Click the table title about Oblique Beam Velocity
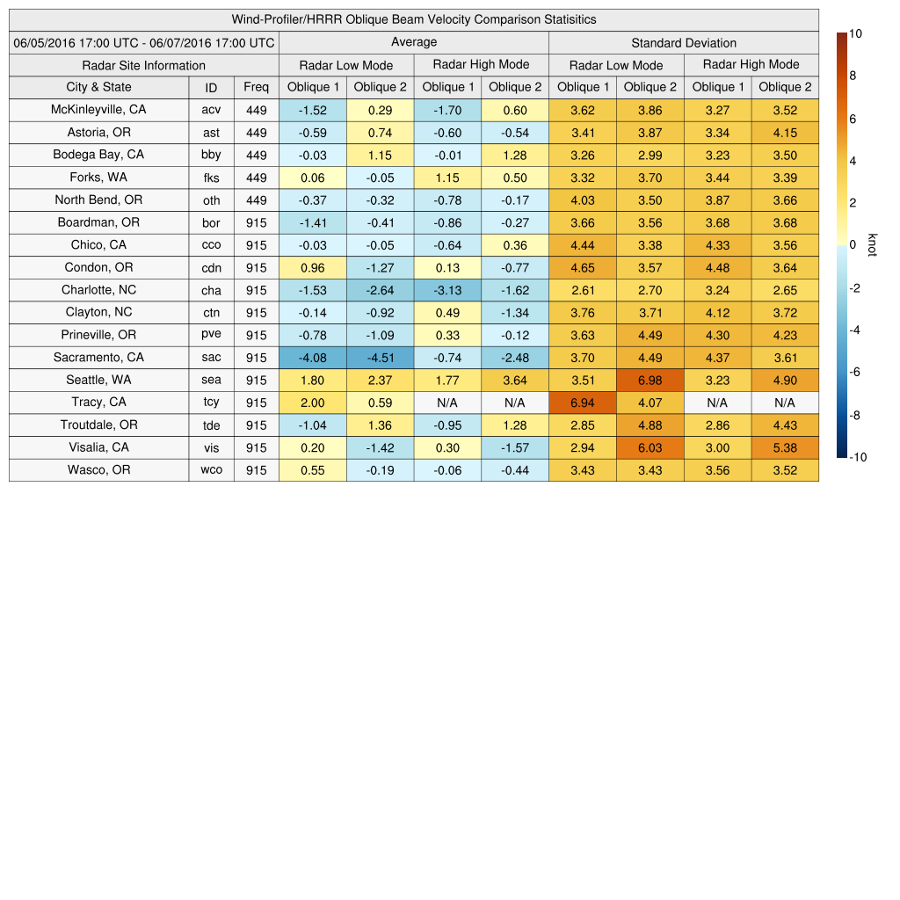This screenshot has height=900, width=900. pos(414,19)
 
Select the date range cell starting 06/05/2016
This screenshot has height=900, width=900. pos(144,42)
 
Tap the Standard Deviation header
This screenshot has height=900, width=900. pos(684,42)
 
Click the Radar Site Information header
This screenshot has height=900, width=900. pos(144,65)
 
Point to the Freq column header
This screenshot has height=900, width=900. pos(257,87)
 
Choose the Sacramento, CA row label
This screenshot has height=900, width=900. pos(98,358)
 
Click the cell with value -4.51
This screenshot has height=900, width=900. pos(381,358)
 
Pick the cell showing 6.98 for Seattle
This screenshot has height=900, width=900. pos(650,381)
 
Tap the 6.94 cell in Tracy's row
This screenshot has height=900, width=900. pos(583,403)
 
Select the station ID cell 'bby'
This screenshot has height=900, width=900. pos(211,155)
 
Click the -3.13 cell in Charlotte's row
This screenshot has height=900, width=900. pos(447,290)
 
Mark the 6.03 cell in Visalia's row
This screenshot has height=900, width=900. pos(650,447)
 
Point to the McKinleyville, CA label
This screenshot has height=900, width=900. pos(98,110)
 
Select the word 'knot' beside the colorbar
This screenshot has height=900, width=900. pos(873,244)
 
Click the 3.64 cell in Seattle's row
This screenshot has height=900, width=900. pos(515,381)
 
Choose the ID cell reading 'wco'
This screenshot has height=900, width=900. pos(211,470)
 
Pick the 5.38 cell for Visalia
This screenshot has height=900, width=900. pos(785,447)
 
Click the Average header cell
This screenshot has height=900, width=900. pos(414,42)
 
